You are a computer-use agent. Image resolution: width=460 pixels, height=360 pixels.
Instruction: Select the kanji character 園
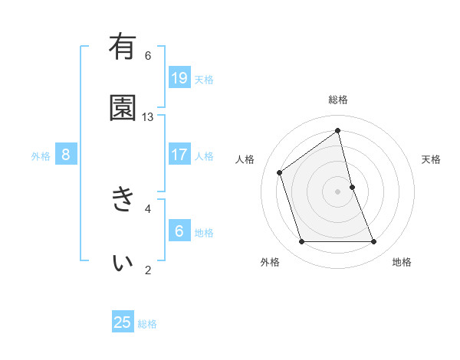coord(123,108)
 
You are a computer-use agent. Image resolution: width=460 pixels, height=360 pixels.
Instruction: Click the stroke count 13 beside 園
coord(148,117)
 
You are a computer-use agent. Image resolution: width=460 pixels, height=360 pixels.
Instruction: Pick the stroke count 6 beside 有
coord(148,55)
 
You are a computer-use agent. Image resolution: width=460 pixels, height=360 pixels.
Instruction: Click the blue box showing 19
coord(179,77)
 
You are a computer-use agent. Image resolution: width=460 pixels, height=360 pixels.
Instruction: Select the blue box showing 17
coord(179,155)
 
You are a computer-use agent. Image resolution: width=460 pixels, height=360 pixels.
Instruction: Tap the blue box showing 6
coord(179,231)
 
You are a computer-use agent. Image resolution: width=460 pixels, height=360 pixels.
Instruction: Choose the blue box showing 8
coord(66,155)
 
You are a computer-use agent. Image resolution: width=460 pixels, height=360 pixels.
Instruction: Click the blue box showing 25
coord(123,322)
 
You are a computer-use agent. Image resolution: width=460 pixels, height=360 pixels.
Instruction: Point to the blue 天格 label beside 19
coord(204,80)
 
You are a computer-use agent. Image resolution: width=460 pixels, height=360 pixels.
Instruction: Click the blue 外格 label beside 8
coord(41,156)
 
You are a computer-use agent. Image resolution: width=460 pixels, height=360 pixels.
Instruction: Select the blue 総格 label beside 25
coord(147,324)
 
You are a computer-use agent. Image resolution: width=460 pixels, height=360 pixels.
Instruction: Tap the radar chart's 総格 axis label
coord(338,100)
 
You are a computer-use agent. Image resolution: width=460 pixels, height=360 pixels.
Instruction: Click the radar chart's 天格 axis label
coord(431,159)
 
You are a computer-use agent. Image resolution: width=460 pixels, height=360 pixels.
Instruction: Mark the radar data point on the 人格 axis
coord(280,172)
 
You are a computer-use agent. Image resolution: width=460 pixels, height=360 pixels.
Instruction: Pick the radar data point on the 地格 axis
coord(374,242)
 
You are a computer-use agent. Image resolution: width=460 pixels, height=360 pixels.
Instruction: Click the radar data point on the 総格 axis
coord(338,131)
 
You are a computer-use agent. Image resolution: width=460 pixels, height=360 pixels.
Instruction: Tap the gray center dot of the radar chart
coord(338,191)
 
